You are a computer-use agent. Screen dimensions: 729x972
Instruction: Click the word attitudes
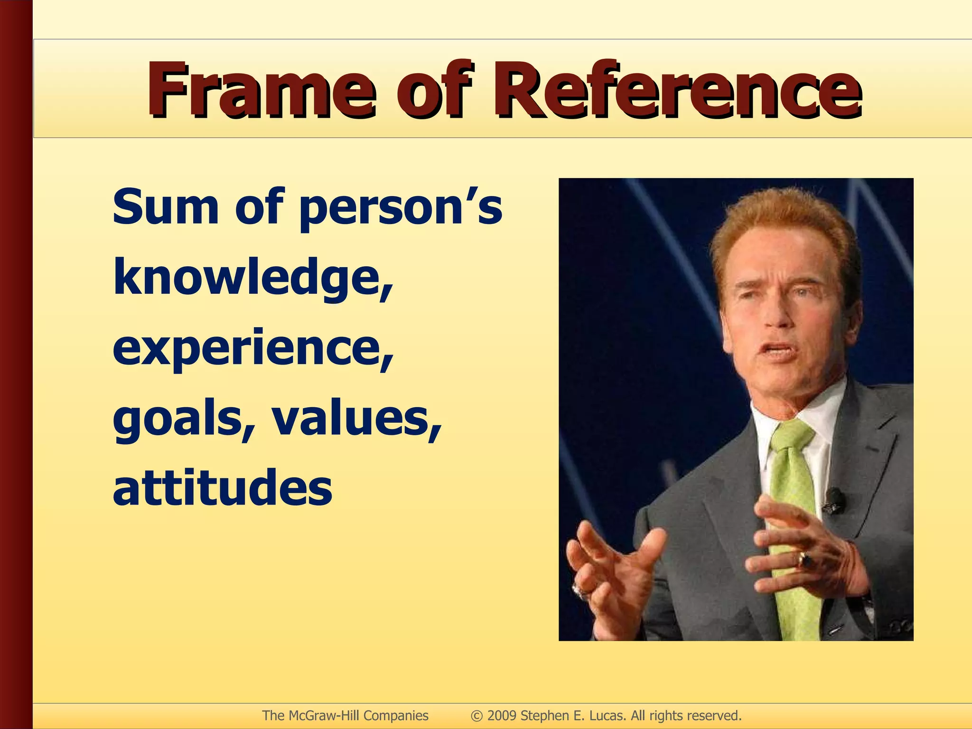(x=222, y=488)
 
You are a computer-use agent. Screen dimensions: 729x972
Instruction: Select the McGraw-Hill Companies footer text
(x=345, y=715)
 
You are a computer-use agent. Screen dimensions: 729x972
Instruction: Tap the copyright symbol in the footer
(x=477, y=716)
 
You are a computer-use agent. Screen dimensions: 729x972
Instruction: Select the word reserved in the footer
(x=714, y=715)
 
